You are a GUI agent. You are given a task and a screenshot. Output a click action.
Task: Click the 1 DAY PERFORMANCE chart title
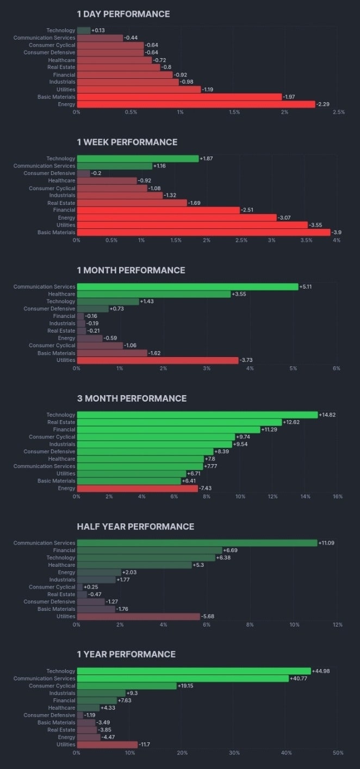point(123,14)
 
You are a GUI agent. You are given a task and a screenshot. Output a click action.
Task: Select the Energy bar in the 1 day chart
point(196,104)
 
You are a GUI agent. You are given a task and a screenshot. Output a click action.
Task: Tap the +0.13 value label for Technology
point(98,30)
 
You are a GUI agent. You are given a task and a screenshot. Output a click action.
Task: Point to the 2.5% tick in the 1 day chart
point(338,112)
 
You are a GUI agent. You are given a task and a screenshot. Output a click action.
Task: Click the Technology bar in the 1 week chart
point(138,159)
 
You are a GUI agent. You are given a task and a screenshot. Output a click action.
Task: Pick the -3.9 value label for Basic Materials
point(337,232)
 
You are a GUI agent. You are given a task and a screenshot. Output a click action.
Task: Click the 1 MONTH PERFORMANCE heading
point(131,270)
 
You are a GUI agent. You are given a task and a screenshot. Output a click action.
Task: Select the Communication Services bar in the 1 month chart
point(188,286)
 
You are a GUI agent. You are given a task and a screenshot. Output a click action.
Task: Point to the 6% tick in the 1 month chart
point(337,368)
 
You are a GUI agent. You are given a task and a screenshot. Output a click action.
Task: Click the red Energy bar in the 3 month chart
point(137,489)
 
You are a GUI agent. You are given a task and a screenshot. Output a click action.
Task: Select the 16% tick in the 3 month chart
point(337,497)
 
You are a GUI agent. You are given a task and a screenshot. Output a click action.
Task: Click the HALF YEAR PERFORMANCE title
point(135,527)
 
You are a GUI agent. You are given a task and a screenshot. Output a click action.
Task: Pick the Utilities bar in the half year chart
point(139,616)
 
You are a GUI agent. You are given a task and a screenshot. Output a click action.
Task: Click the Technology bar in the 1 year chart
point(194,671)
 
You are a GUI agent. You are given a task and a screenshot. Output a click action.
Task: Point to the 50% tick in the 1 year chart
point(337,753)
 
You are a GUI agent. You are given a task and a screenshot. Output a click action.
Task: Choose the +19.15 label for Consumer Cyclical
point(188,686)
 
